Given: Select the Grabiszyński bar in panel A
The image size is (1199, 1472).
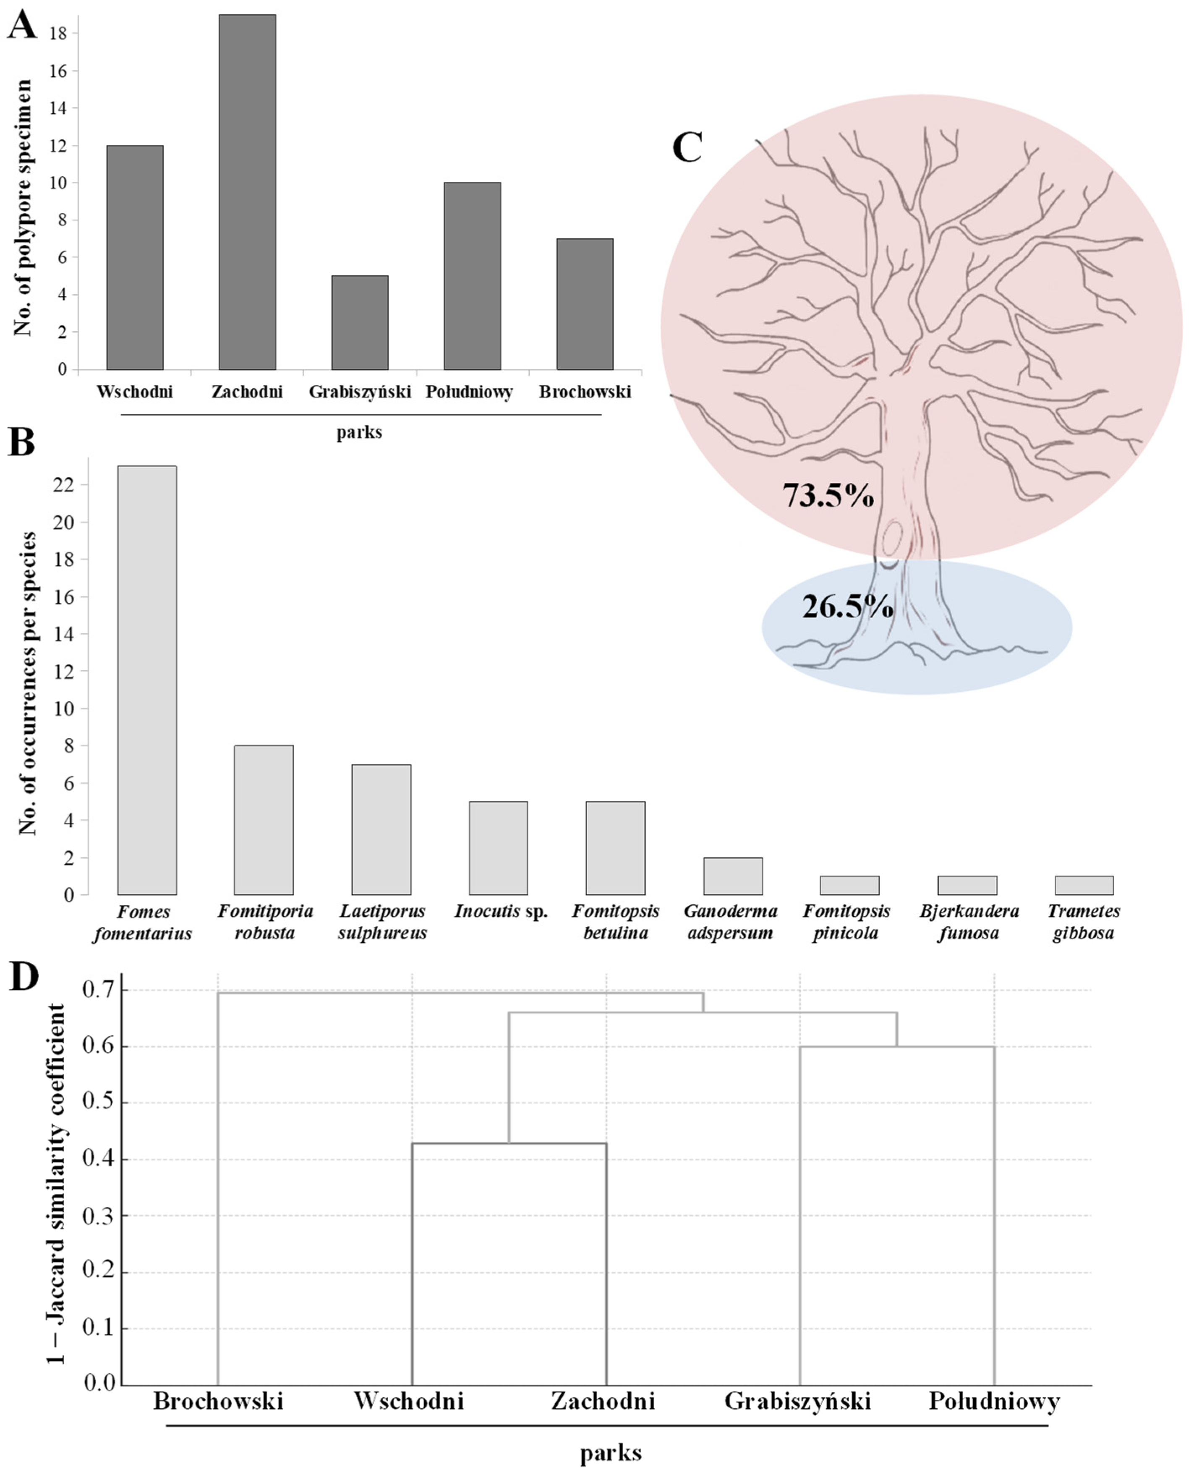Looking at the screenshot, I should click(x=359, y=323).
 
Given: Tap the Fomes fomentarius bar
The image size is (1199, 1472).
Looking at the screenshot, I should click(x=147, y=680).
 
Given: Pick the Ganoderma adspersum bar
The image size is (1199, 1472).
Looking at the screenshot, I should click(x=733, y=876).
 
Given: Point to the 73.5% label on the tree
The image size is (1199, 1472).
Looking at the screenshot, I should click(x=828, y=495).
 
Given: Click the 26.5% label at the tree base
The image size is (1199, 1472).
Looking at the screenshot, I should click(x=847, y=607).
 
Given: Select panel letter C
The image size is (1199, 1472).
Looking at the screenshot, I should click(x=687, y=147).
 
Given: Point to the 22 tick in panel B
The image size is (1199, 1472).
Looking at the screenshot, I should click(x=63, y=485).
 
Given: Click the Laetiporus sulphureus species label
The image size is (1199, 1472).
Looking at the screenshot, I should click(x=382, y=921).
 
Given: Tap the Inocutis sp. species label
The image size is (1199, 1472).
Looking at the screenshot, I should click(x=501, y=912).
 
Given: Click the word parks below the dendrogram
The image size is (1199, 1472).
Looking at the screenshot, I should click(x=611, y=1453).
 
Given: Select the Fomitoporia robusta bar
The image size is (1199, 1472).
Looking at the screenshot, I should click(x=264, y=820).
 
